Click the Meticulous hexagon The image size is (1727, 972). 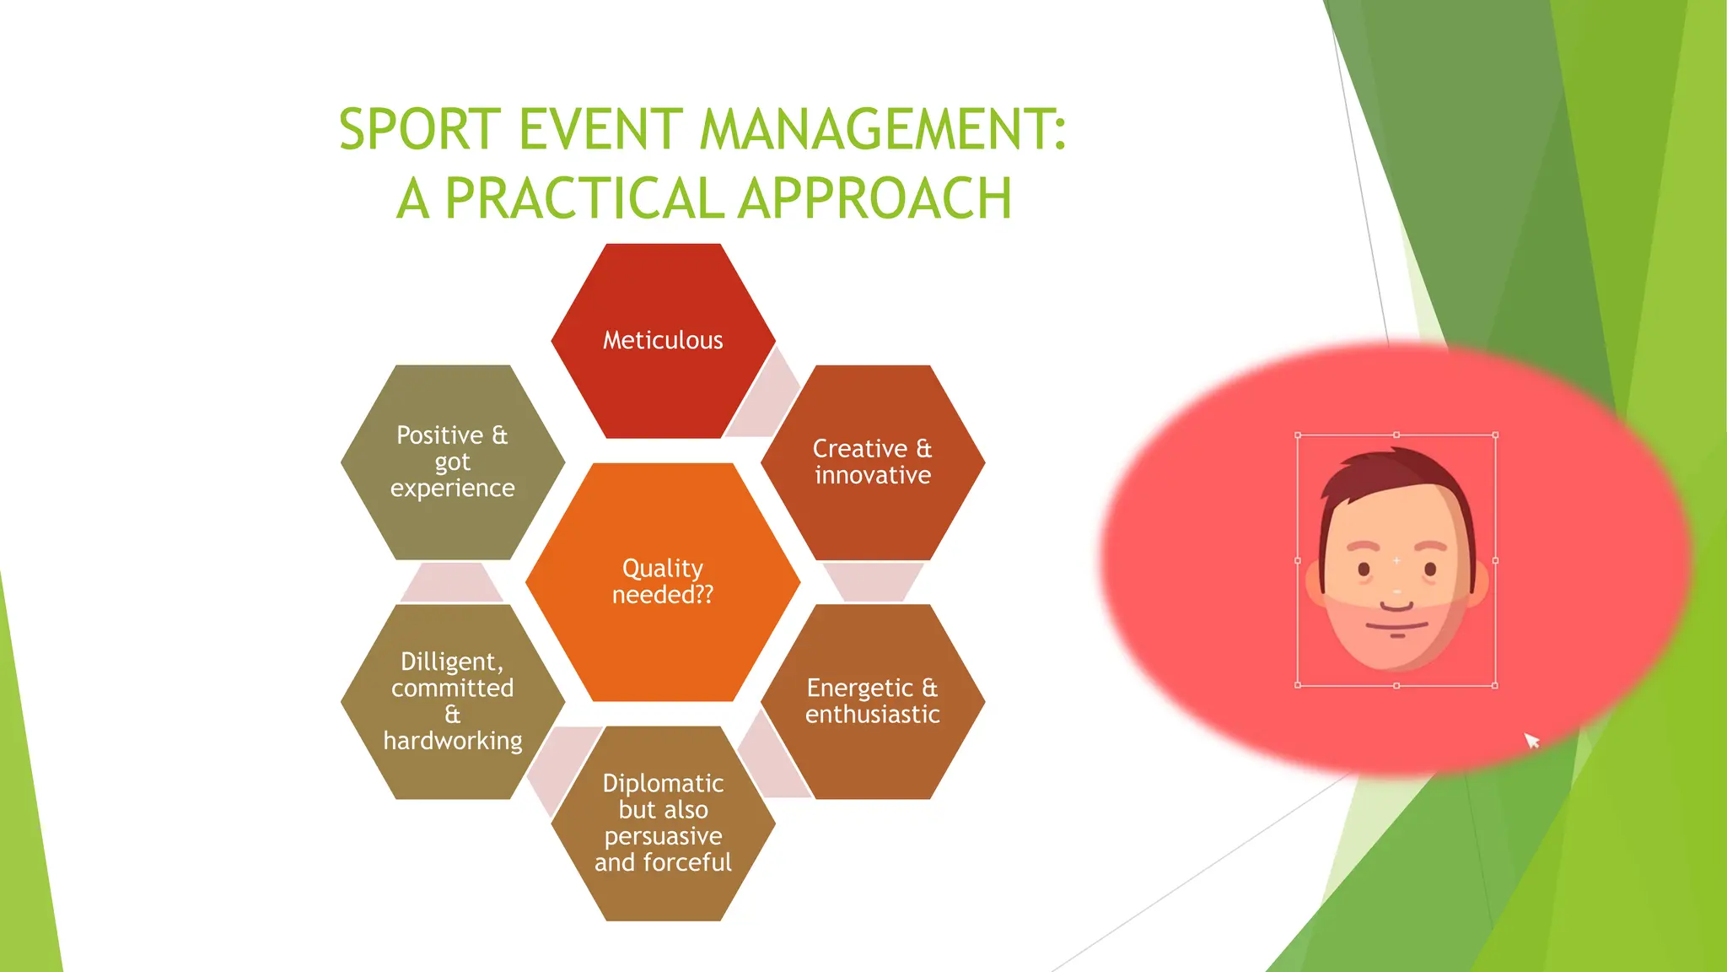coord(663,340)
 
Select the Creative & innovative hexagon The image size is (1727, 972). coord(873,462)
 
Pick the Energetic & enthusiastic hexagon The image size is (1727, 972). coord(873,701)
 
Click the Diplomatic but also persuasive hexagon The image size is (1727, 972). coord(663,823)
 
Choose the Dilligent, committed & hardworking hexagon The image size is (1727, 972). coord(453,701)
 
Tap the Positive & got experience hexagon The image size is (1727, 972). coord(453,462)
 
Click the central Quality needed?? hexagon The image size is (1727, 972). coord(663,581)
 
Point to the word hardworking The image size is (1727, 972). coord(453,741)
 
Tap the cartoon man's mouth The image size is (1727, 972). coord(1396,627)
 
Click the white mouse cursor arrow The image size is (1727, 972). coord(1531,740)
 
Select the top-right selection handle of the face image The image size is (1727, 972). coord(1495,435)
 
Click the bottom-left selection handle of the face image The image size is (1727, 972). coord(1298,685)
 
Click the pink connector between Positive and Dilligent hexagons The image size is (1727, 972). coord(452,582)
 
